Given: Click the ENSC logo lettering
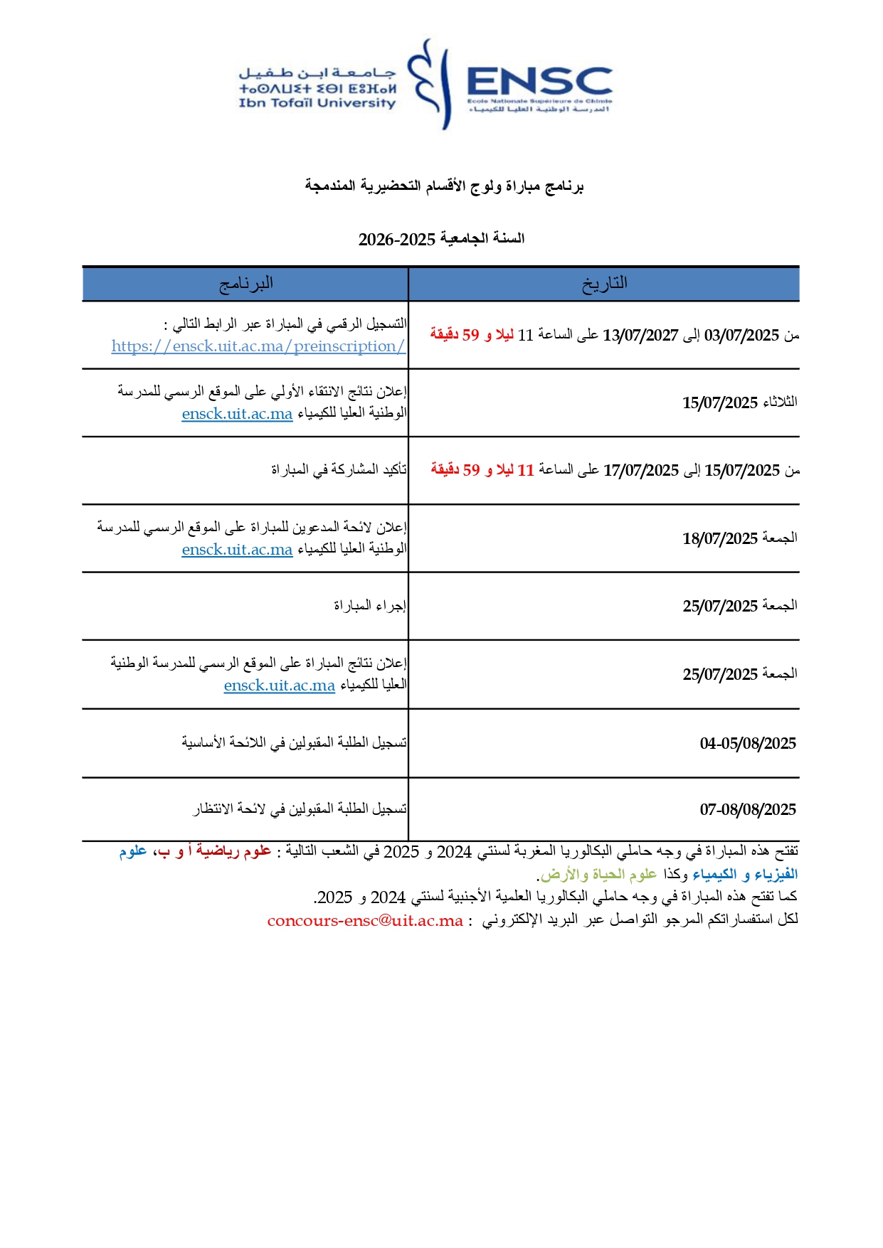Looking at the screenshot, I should [x=539, y=82].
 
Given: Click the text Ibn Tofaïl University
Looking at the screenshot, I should [x=317, y=103].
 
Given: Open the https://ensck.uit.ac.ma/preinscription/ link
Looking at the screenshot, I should [x=258, y=346].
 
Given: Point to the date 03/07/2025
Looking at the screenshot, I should [x=742, y=336].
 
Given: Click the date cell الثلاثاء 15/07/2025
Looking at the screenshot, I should [x=739, y=403].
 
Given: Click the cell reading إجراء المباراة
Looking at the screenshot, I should [x=370, y=606].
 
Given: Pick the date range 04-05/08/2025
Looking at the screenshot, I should [x=748, y=744].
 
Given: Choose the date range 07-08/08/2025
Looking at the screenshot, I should [x=748, y=810].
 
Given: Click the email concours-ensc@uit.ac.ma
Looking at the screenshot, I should [x=365, y=921].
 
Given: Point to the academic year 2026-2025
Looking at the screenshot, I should [x=396, y=240].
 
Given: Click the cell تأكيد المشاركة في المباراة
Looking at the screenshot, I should [x=339, y=470].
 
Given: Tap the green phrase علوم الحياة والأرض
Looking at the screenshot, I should [x=598, y=875].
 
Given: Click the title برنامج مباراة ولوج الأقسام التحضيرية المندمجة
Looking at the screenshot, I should [x=444, y=187].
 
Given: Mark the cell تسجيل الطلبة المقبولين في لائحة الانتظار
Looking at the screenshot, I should [x=300, y=809].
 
